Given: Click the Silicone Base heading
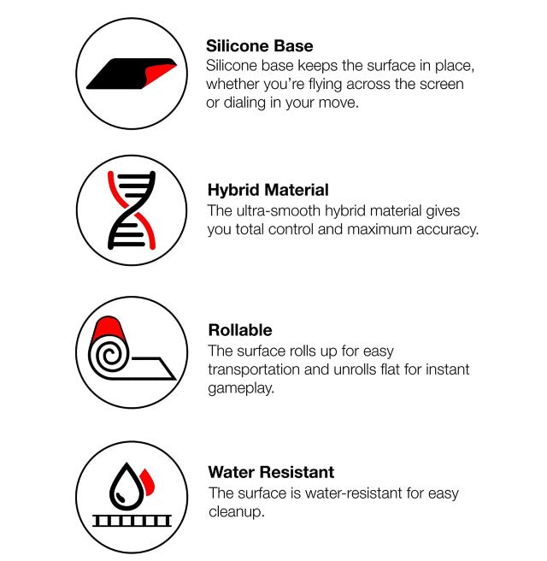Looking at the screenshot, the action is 259,46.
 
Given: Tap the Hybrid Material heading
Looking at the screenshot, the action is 268,190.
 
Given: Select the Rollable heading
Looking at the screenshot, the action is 240,330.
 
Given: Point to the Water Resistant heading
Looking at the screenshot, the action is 271,472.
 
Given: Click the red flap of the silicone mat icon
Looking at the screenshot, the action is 159,73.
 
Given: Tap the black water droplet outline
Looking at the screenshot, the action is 126,487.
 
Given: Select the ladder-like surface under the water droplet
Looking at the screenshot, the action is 132,521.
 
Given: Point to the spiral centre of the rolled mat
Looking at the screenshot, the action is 109,356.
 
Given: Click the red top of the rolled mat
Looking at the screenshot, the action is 109,328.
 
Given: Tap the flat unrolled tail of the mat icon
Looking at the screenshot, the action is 153,368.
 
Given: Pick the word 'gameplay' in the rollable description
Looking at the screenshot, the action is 241,388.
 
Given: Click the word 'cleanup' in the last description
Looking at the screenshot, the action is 236,512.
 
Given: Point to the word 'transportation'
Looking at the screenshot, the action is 254,369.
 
